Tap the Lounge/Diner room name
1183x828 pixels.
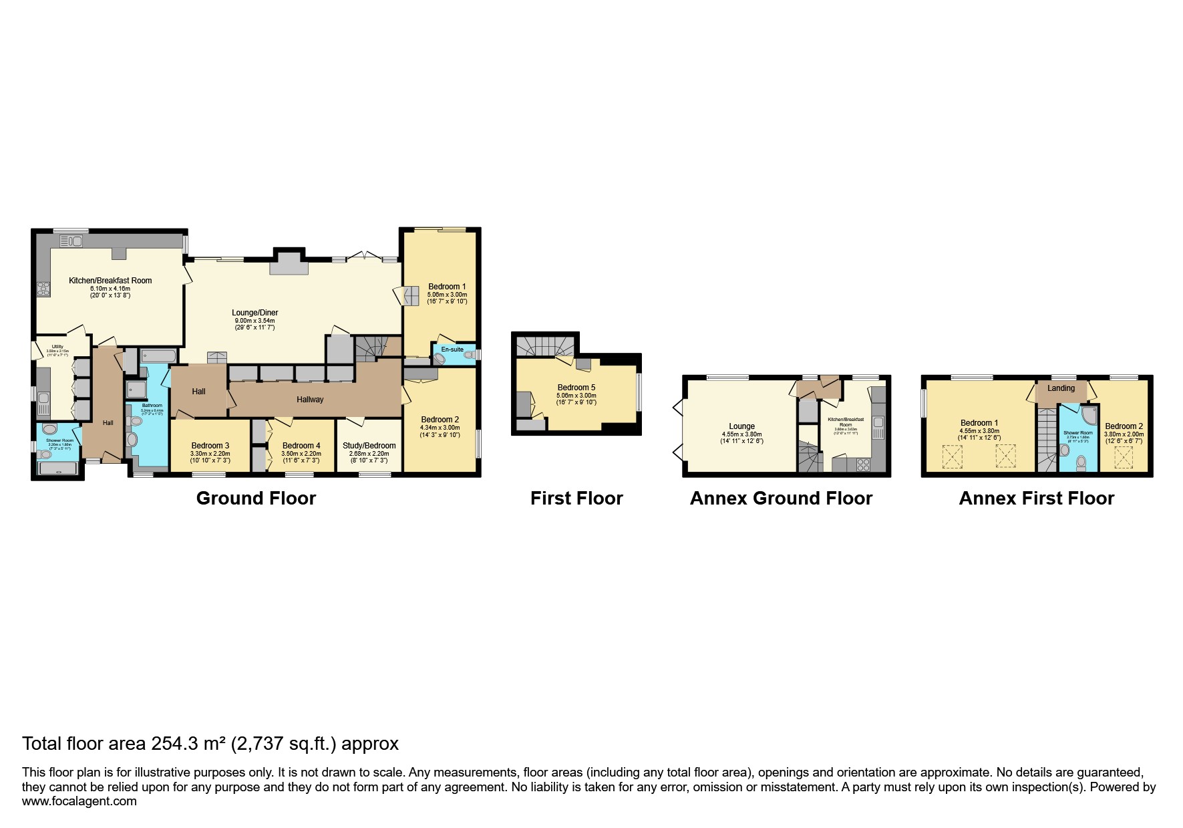click(x=255, y=313)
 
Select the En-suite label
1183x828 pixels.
click(x=452, y=350)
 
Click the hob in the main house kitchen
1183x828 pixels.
click(x=44, y=289)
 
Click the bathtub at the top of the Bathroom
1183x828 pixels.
click(x=158, y=355)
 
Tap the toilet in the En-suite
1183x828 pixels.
click(x=469, y=356)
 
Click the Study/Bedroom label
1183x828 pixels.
click(x=369, y=446)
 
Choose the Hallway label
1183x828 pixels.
click(x=310, y=400)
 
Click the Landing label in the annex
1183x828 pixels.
click(x=1061, y=388)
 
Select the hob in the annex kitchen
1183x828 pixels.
click(x=862, y=464)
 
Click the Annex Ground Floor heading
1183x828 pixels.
click(x=781, y=499)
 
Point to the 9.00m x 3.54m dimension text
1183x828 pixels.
click(x=255, y=321)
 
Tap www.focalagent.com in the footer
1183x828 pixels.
click(x=79, y=801)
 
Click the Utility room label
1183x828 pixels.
click(x=57, y=346)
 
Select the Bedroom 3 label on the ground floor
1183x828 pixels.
click(x=210, y=446)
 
